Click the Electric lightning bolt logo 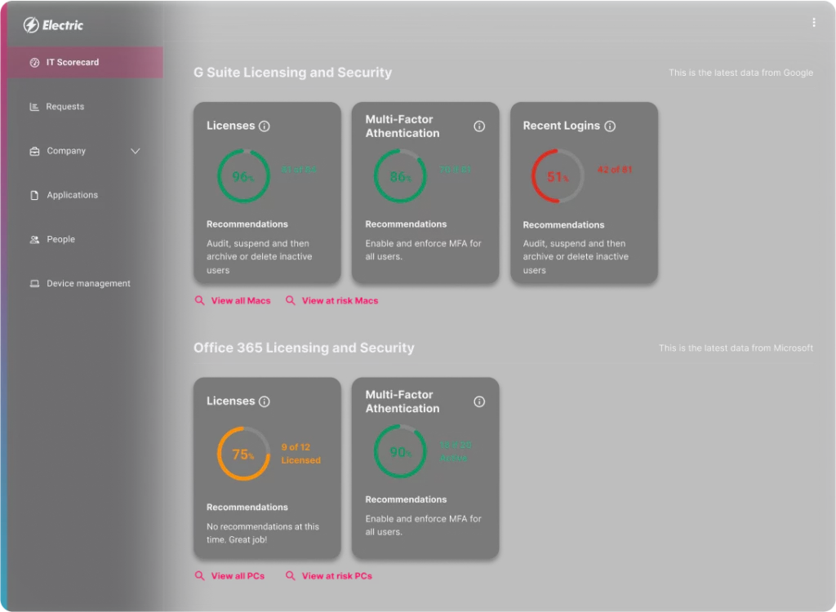click(31, 25)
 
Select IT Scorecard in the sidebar click(72, 62)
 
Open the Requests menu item click(64, 107)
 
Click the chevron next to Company click(136, 151)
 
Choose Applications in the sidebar click(72, 195)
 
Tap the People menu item click(60, 239)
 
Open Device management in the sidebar click(88, 283)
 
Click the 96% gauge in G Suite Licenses click(243, 176)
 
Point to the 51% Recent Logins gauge click(558, 176)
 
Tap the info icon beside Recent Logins click(610, 126)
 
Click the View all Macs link click(240, 301)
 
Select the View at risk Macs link click(340, 301)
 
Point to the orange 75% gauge click(243, 454)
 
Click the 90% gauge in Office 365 click(400, 451)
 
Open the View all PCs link click(238, 576)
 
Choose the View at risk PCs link click(336, 576)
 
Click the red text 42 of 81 click(615, 170)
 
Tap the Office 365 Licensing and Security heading click(304, 348)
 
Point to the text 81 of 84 click(299, 170)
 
